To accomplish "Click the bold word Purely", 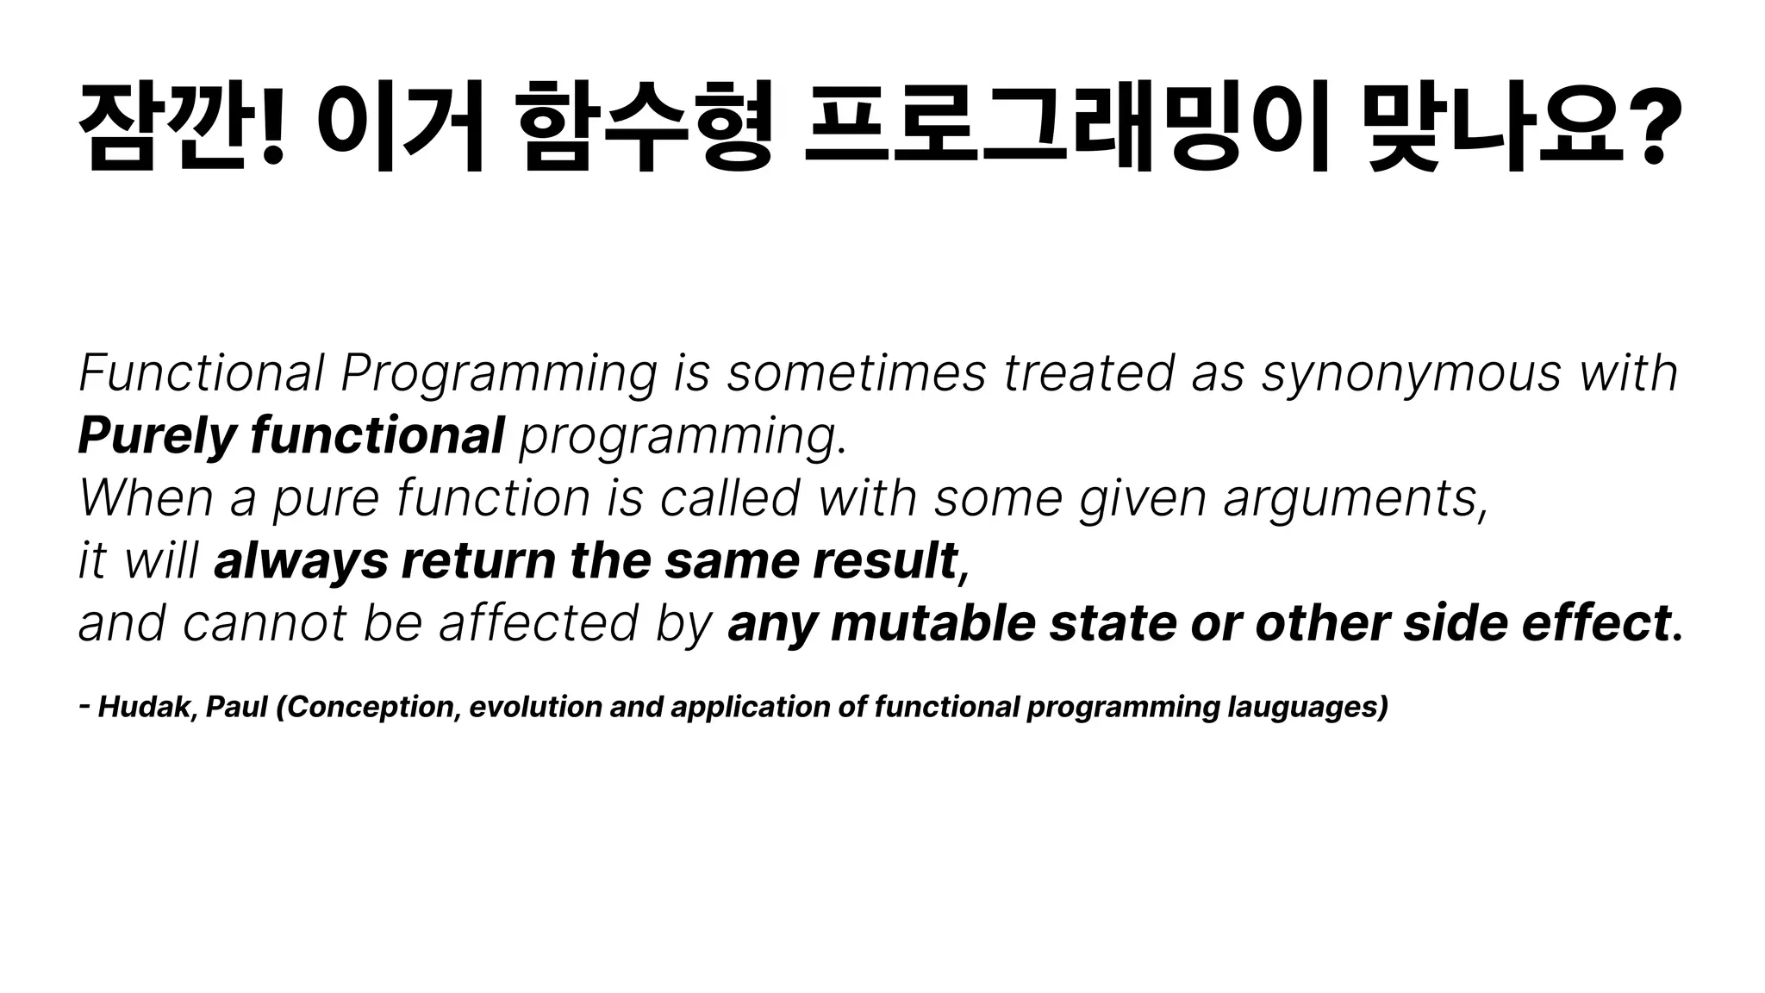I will [156, 436].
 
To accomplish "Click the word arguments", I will [1353, 499].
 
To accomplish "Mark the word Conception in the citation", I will [370, 707].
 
